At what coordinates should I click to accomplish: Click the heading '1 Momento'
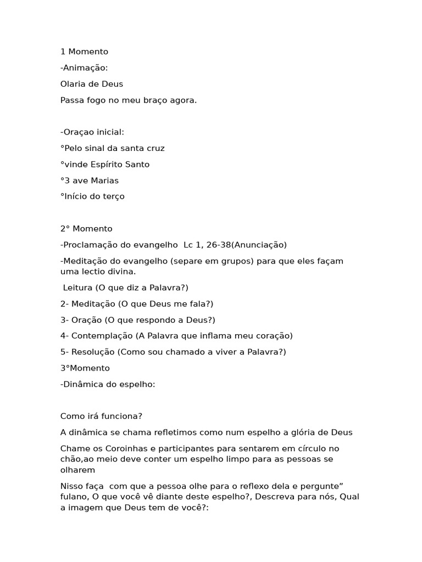click(84, 52)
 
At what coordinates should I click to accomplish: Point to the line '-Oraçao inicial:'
click(92, 132)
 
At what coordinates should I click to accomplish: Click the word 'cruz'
click(154, 148)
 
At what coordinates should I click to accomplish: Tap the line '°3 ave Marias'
click(89, 181)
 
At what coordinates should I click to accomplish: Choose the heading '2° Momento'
click(86, 229)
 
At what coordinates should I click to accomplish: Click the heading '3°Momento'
click(85, 368)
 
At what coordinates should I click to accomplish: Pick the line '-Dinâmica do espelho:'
click(108, 384)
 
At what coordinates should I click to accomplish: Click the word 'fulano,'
click(75, 497)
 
